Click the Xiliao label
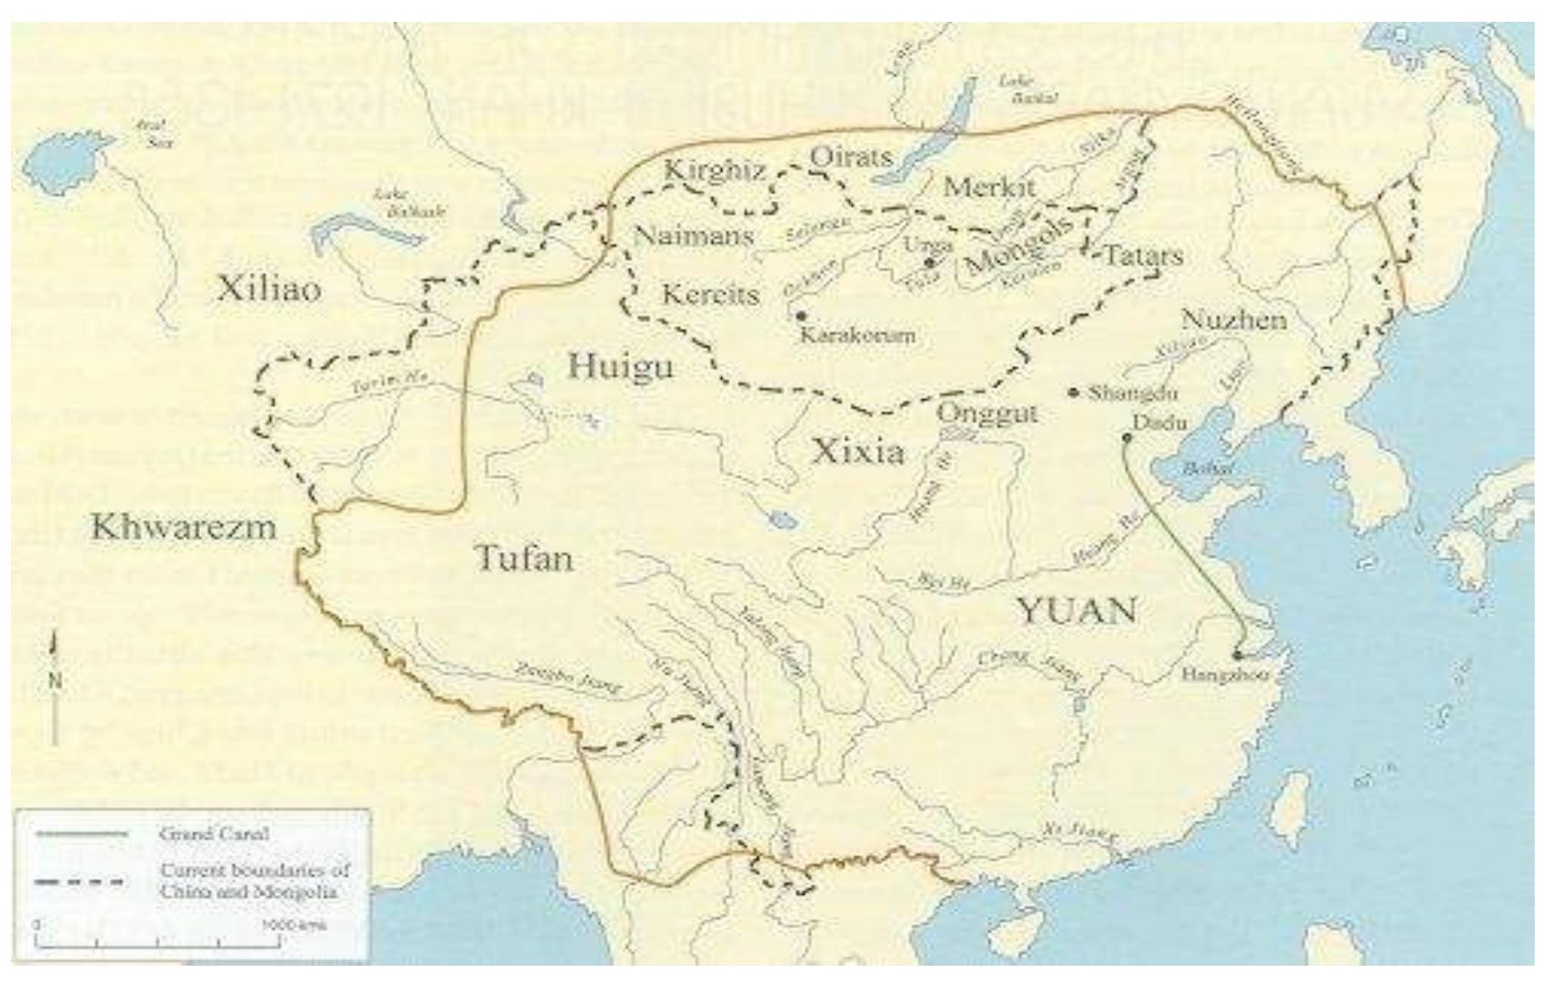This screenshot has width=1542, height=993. pyautogui.click(x=269, y=289)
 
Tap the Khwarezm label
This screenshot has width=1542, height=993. pyautogui.click(x=184, y=527)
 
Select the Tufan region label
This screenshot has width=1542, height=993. pyautogui.click(x=526, y=557)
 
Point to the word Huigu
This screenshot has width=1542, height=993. pyautogui.click(x=621, y=366)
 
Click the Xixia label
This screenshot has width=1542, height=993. pyautogui.click(x=857, y=450)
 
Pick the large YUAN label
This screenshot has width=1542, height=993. pyautogui.click(x=1077, y=610)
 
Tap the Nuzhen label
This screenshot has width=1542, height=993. pyautogui.click(x=1234, y=319)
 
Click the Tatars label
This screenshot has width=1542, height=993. pyautogui.click(x=1144, y=256)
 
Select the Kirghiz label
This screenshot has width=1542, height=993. pyautogui.click(x=715, y=170)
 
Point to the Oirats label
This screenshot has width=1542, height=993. pyautogui.click(x=851, y=156)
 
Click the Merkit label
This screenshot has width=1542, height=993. pyautogui.click(x=989, y=187)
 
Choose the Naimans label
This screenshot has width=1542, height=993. pyautogui.click(x=695, y=236)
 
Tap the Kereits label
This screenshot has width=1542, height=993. pyautogui.click(x=710, y=294)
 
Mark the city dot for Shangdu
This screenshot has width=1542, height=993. pyautogui.click(x=1074, y=393)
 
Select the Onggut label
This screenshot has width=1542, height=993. pyautogui.click(x=987, y=413)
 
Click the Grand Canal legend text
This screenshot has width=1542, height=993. pyautogui.click(x=214, y=833)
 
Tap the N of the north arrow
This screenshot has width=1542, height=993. pyautogui.click(x=55, y=679)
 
